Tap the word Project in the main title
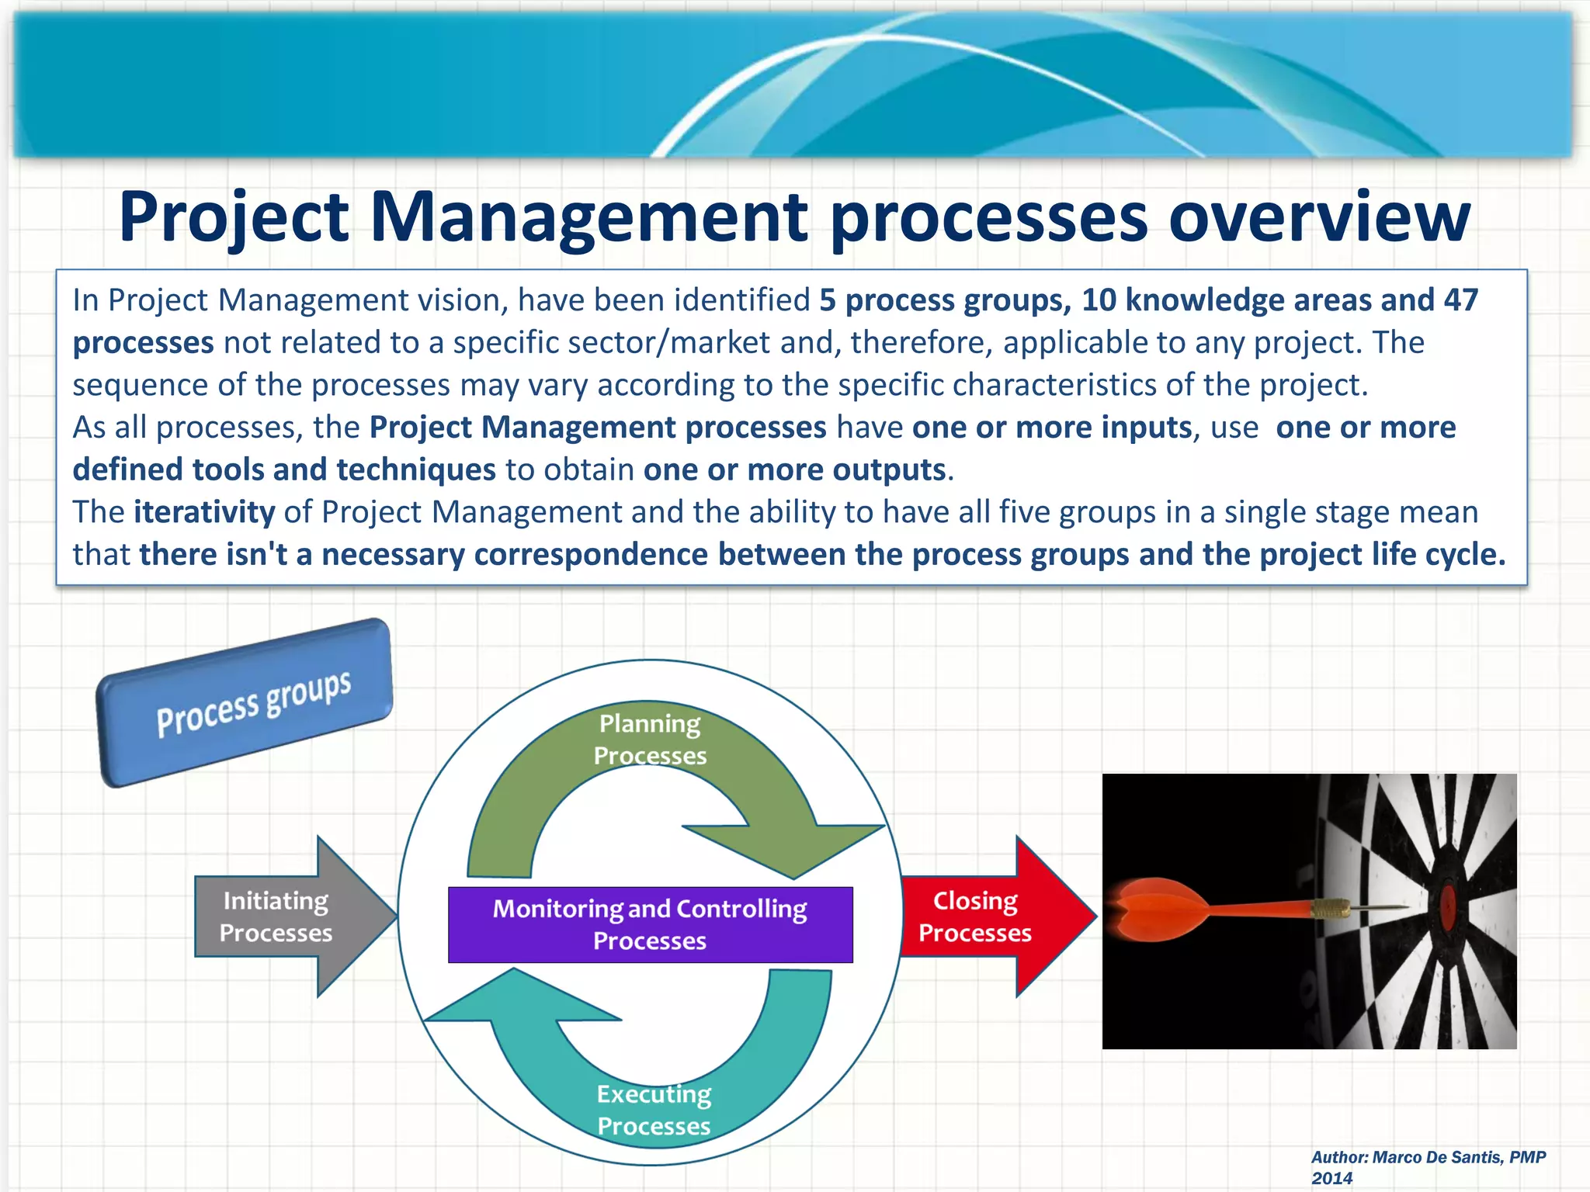[233, 217]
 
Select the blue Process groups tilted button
[245, 703]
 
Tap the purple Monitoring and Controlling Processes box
[650, 924]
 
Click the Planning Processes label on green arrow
[650, 740]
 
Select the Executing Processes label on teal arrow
[654, 1110]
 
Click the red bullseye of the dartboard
[1449, 906]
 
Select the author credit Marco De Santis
[1429, 1157]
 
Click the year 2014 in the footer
[1332, 1178]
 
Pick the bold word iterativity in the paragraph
[204, 512]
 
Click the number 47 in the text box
[1460, 300]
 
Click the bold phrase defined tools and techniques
[284, 470]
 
